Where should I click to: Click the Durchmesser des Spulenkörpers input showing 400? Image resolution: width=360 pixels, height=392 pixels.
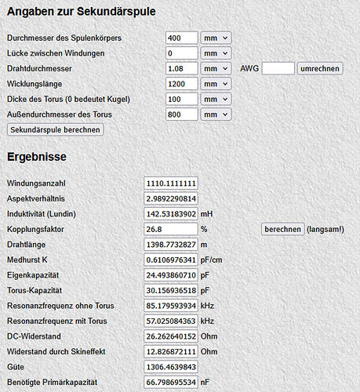[182, 38]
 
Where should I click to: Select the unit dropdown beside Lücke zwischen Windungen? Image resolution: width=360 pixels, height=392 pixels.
[216, 53]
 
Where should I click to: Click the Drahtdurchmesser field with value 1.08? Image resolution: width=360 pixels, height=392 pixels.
[182, 68]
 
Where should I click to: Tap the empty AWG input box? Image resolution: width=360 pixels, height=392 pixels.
[278, 68]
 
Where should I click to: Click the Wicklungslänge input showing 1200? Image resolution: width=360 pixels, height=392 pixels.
[182, 84]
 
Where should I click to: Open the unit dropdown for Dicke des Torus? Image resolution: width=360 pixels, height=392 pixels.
[216, 100]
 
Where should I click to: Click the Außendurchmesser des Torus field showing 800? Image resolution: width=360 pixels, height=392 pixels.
[182, 114]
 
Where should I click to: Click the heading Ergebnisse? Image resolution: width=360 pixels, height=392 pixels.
[37, 157]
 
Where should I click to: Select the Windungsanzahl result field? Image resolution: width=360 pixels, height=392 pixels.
[171, 183]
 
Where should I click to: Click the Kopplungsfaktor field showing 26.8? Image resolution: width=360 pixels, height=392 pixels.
[171, 229]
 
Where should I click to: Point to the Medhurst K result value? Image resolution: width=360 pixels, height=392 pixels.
[171, 260]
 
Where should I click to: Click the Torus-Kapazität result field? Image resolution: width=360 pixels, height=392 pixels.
[171, 290]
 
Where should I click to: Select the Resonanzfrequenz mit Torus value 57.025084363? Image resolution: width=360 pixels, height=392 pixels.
[171, 321]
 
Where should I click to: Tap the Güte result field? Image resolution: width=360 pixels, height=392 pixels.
[171, 366]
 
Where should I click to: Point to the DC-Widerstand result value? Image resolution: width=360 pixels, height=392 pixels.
[171, 336]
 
